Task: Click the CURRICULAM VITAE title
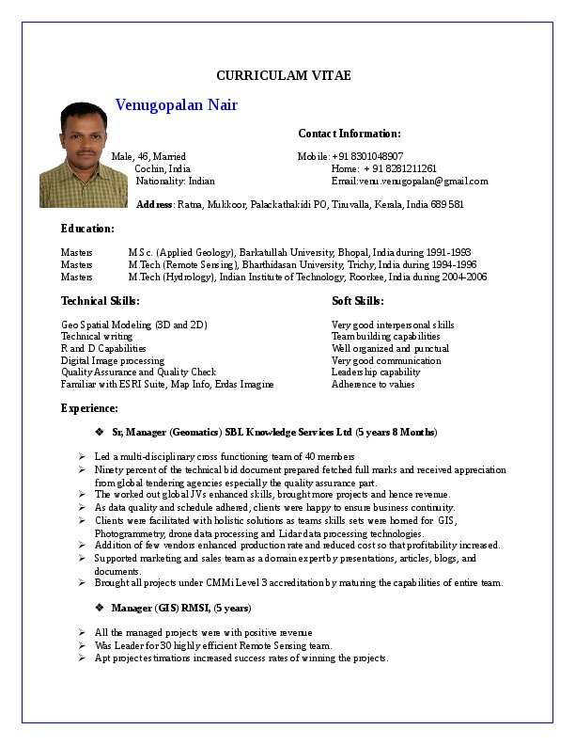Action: [x=283, y=76]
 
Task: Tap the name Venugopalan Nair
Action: [x=176, y=105]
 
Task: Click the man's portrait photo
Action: [x=70, y=154]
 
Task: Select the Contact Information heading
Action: [x=349, y=134]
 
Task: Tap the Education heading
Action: [x=87, y=229]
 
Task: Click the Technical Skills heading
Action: [x=101, y=301]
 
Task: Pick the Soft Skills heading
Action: [x=358, y=301]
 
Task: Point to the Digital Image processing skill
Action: [x=113, y=360]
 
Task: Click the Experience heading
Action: [x=89, y=408]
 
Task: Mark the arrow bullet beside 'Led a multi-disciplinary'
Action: [x=83, y=457]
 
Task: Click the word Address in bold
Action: [x=154, y=204]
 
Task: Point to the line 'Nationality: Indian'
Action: [x=175, y=182]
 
